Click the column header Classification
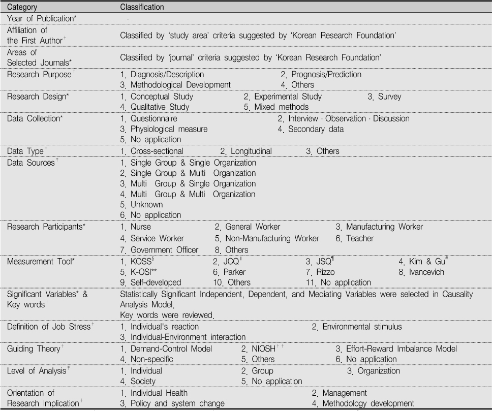point(141,8)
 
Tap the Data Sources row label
point(30,163)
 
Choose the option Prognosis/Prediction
point(326,74)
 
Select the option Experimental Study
point(288,96)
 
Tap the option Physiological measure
point(169,129)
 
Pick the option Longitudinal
point(251,151)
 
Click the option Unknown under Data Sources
point(147,205)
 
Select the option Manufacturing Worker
point(384,227)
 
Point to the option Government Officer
point(164,249)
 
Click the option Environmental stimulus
point(362,327)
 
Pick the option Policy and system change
point(177,403)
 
